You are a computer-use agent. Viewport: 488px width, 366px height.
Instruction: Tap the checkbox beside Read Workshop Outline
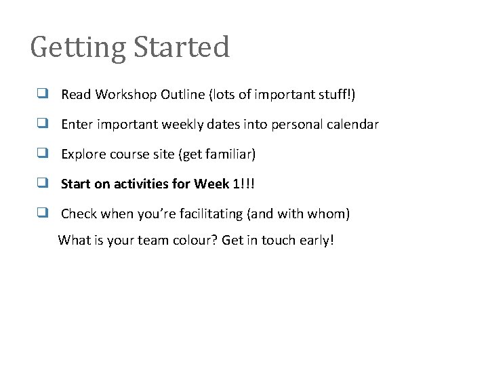click(42, 94)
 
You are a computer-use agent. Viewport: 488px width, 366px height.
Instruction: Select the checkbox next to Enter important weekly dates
click(42, 124)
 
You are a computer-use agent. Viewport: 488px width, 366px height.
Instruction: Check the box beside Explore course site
click(42, 154)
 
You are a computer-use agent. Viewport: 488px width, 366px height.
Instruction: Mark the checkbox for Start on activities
click(42, 184)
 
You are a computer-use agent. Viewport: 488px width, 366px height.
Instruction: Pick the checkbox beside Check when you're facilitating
click(42, 213)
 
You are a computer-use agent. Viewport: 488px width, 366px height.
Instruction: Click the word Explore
click(82, 155)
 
